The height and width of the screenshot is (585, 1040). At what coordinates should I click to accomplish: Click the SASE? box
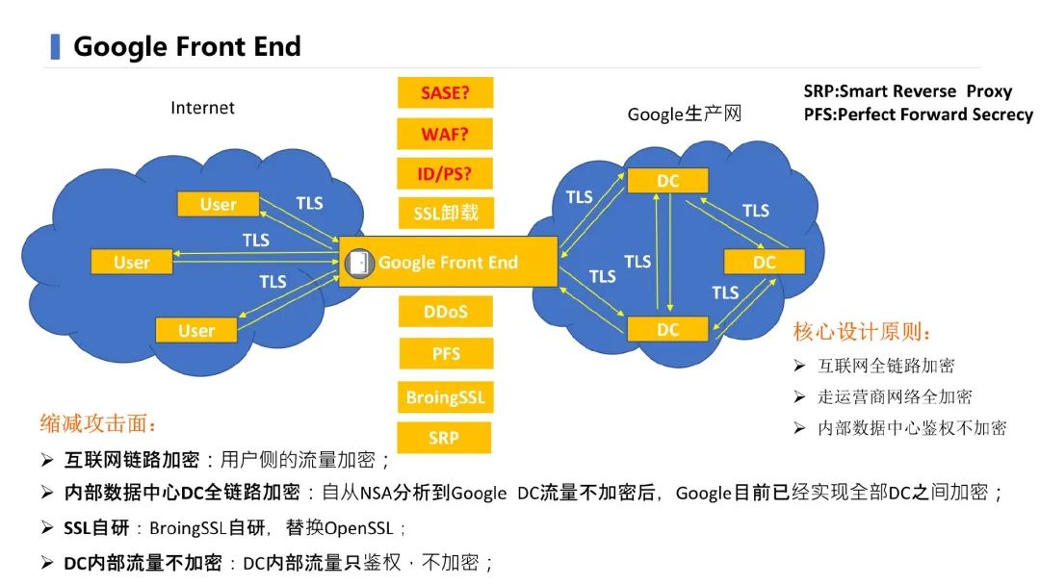[445, 93]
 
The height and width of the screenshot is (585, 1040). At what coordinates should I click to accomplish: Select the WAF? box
[445, 133]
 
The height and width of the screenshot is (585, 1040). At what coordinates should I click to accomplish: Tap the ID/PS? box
[445, 173]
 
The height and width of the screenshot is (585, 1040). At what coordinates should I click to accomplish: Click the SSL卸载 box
[445, 213]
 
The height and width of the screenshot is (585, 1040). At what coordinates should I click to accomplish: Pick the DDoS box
[445, 312]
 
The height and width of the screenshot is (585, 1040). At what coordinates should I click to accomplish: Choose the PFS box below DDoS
[445, 354]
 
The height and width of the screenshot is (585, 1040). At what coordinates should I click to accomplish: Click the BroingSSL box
[445, 396]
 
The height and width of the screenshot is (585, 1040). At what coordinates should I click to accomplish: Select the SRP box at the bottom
[445, 438]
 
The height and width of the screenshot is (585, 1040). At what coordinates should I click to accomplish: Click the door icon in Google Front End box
[360, 262]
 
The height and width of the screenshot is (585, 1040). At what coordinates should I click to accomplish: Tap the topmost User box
[218, 204]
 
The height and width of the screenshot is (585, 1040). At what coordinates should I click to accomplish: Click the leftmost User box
[131, 262]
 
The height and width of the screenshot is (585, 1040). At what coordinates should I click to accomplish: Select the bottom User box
[196, 330]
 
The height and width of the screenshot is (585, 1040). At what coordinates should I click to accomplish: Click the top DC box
[667, 181]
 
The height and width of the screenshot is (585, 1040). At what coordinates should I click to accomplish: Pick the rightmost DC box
[764, 262]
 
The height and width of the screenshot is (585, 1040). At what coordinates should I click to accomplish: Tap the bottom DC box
[667, 329]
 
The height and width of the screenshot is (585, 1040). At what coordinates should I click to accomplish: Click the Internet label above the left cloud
[202, 108]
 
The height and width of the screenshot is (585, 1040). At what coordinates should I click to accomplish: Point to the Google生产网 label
[685, 114]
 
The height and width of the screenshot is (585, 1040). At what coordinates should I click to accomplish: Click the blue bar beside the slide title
[55, 46]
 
